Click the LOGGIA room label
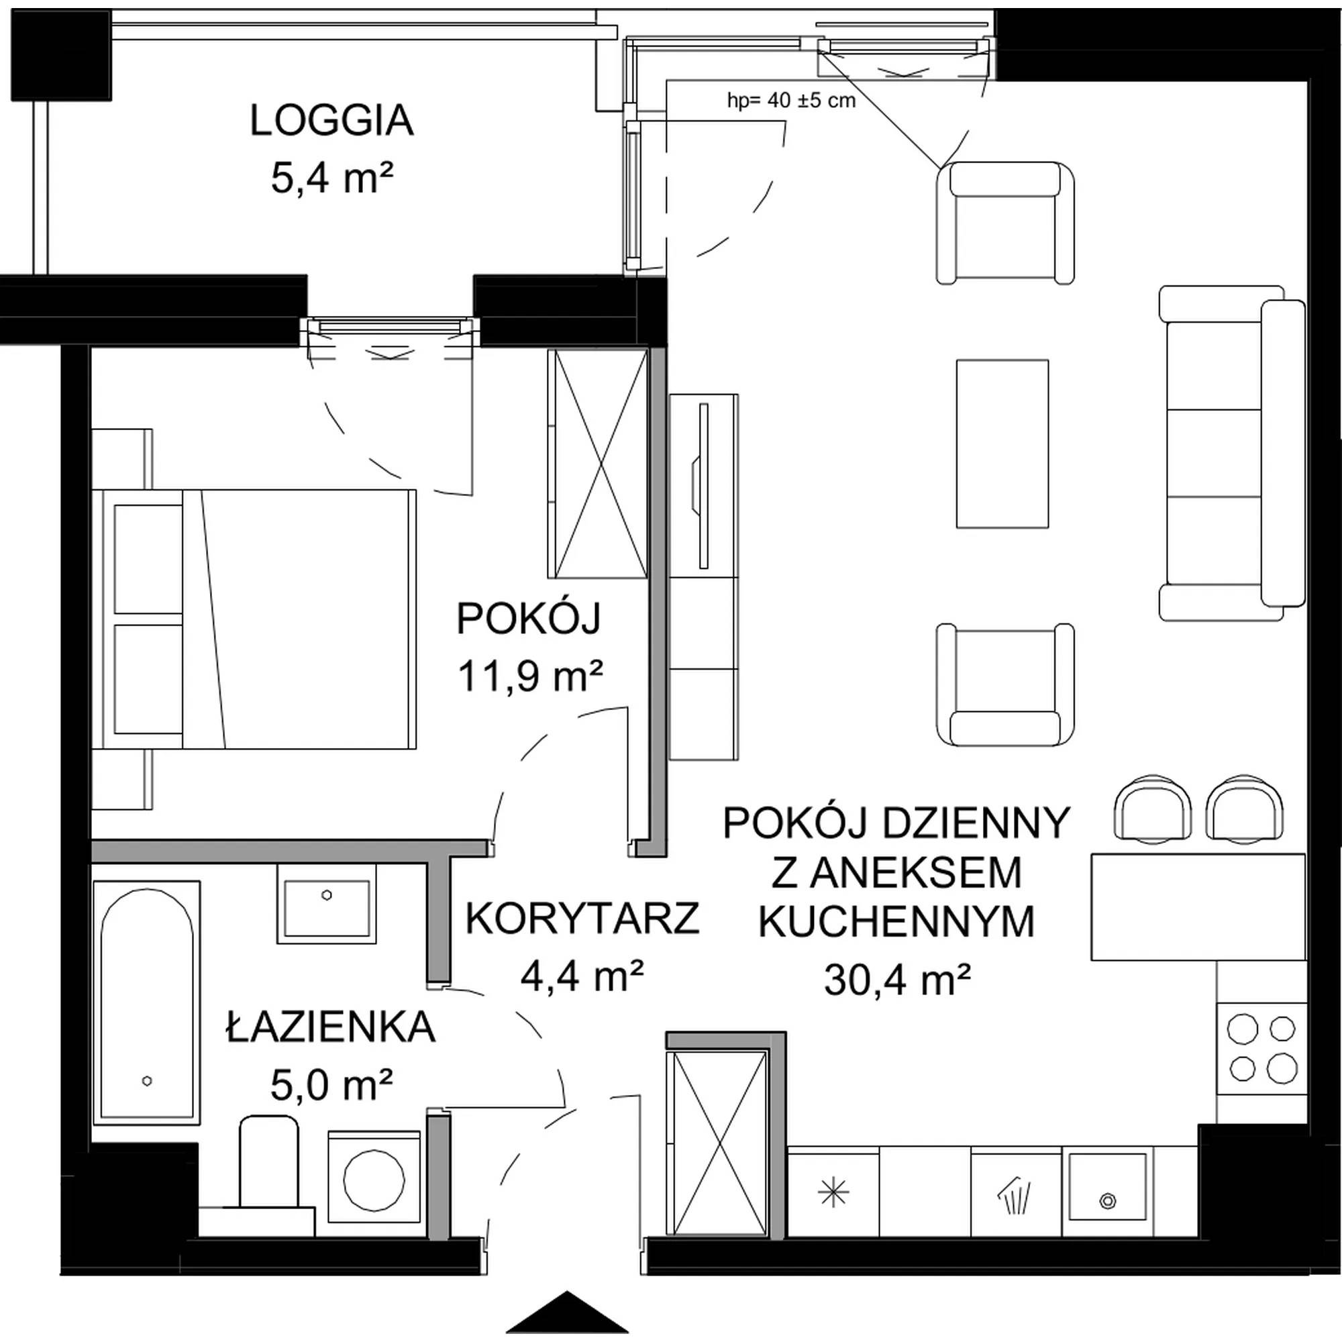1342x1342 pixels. tap(331, 121)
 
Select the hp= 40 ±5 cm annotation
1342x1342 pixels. tap(791, 101)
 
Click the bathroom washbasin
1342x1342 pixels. tap(327, 904)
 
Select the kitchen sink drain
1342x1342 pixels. tap(1107, 1201)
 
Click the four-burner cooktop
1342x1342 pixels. tap(1261, 1049)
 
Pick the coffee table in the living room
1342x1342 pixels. tap(1002, 444)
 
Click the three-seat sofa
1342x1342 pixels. tap(1231, 453)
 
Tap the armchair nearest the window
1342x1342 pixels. tap(1005, 222)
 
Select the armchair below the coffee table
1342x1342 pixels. tap(1005, 684)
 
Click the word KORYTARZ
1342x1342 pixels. tap(582, 919)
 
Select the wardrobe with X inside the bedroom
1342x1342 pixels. tap(598, 464)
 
